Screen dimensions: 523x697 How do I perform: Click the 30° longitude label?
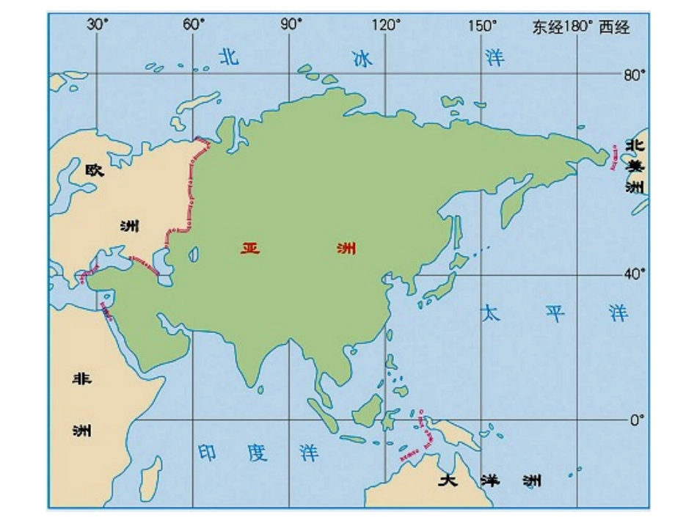pyautogui.click(x=98, y=25)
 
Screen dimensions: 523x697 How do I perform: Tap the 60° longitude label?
pyautogui.click(x=194, y=25)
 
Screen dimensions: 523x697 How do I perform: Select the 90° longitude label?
pyautogui.click(x=291, y=25)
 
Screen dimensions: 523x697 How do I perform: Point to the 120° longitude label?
pyautogui.click(x=387, y=25)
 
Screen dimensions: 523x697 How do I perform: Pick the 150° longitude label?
pyautogui.click(x=483, y=25)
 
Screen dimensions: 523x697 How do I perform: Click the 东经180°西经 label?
pyautogui.click(x=581, y=27)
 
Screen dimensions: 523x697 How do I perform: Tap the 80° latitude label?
pyautogui.click(x=635, y=74)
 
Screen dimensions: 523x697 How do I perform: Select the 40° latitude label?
pyautogui.click(x=635, y=274)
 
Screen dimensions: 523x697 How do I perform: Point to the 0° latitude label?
pyautogui.click(x=637, y=420)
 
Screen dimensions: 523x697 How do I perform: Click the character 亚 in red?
pyautogui.click(x=250, y=249)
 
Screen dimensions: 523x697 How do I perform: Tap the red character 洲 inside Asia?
pyautogui.click(x=346, y=249)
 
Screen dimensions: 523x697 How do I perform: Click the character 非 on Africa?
pyautogui.click(x=81, y=379)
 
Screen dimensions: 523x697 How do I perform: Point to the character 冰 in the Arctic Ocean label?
pyautogui.click(x=362, y=59)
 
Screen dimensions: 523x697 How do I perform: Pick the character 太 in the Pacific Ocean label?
pyautogui.click(x=490, y=314)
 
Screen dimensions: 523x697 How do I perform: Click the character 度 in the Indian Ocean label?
pyautogui.click(x=258, y=453)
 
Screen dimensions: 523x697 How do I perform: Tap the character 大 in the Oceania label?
pyautogui.click(x=448, y=481)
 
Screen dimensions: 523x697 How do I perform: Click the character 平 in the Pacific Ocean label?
pyautogui.click(x=555, y=314)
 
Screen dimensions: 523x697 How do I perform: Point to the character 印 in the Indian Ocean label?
pyautogui.click(x=208, y=453)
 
